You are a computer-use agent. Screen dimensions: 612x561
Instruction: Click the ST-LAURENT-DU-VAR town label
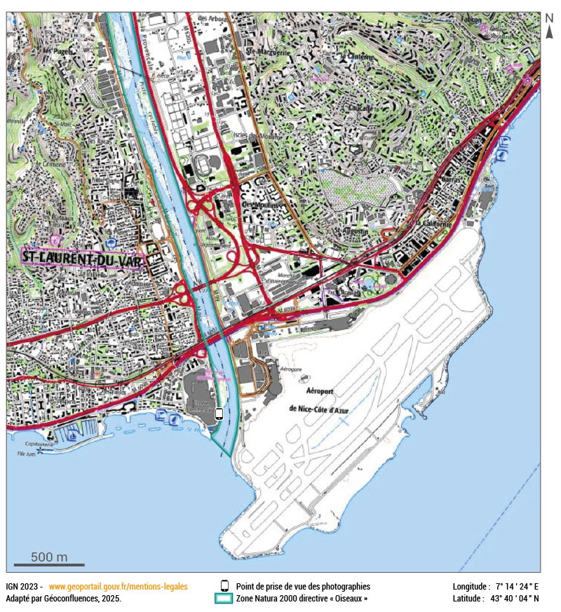83,259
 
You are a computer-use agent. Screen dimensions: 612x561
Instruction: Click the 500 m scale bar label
49,557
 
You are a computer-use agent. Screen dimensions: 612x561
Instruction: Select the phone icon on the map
219,414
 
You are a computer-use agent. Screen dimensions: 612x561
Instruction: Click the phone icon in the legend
224,586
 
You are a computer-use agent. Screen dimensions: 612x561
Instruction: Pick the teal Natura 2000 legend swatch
224,599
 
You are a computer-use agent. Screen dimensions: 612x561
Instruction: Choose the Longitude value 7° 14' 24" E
517,586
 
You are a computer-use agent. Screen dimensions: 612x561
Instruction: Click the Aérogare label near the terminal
292,368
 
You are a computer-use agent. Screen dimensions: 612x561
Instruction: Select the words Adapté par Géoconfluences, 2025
63,599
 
